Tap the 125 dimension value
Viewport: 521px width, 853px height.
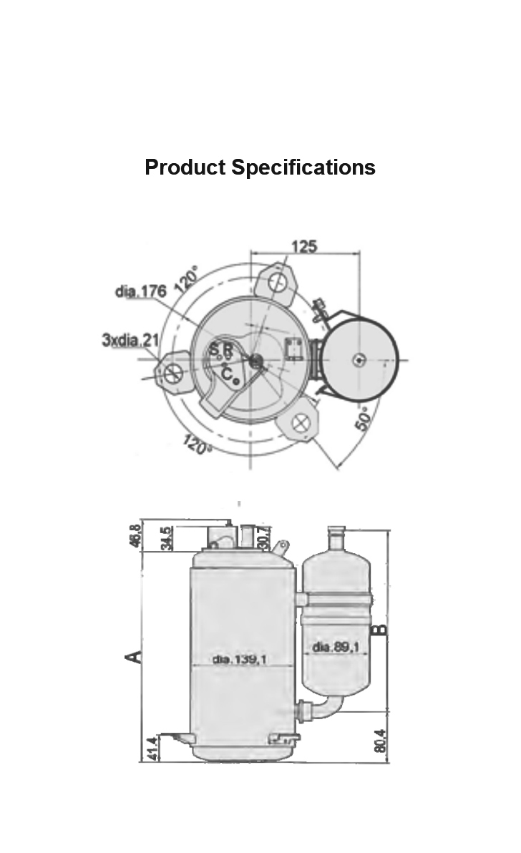(x=304, y=247)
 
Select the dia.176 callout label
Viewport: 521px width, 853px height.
(x=141, y=291)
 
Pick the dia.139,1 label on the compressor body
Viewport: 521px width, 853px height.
(x=240, y=659)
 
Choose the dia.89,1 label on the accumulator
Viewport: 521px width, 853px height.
(x=336, y=646)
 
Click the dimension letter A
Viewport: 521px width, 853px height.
(x=132, y=655)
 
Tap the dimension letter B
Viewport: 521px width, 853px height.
(x=381, y=630)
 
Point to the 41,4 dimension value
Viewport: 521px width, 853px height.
(x=152, y=747)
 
